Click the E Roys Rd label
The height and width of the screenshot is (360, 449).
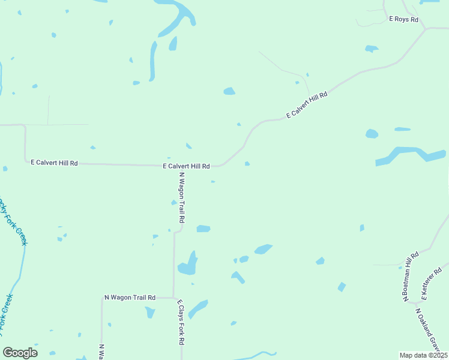pyautogui.click(x=403, y=19)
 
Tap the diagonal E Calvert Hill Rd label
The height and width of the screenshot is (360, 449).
pyautogui.click(x=307, y=104)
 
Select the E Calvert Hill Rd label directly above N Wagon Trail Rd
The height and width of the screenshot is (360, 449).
pyautogui.click(x=186, y=166)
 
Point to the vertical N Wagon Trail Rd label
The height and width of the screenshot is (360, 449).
pyautogui.click(x=181, y=198)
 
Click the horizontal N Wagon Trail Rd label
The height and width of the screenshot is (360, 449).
pyautogui.click(x=130, y=297)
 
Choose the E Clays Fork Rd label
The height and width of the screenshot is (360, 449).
pyautogui.click(x=180, y=323)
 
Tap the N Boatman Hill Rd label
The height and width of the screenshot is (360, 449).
pyautogui.click(x=410, y=277)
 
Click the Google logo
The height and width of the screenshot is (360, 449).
pyautogui.click(x=20, y=353)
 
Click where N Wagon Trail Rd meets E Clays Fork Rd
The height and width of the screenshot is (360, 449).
pyautogui.click(x=174, y=298)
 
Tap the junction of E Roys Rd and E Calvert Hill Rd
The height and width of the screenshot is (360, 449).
pyautogui.click(x=426, y=28)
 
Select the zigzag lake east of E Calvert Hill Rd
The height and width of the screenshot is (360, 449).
pyautogui.click(x=411, y=155)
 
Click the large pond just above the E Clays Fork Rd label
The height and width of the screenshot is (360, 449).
pyautogui.click(x=188, y=264)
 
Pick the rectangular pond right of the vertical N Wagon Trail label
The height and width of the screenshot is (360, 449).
pyautogui.click(x=203, y=229)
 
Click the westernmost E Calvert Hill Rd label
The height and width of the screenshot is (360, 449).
pyautogui.click(x=55, y=163)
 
